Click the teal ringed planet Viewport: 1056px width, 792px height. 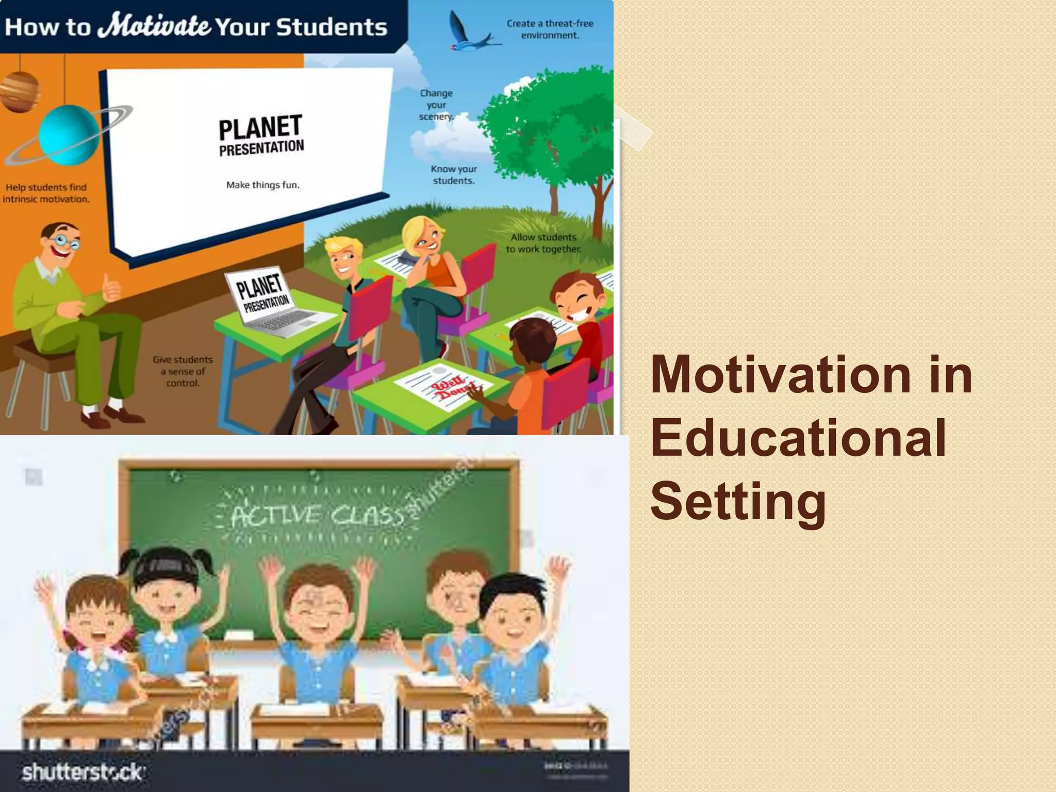(68, 135)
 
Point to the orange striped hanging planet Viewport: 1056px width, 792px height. (20, 91)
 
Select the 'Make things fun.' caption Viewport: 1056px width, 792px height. (262, 185)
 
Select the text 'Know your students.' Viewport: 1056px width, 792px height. (454, 175)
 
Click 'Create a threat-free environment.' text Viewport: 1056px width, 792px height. (550, 29)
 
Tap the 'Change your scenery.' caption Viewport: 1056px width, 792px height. (436, 105)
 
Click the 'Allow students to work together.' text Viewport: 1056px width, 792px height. (543, 243)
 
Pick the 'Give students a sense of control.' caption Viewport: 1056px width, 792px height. (183, 371)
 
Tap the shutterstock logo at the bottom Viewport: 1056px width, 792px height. (82, 772)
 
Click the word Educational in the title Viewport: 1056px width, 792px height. (798, 438)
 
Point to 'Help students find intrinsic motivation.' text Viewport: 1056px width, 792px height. (46, 193)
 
